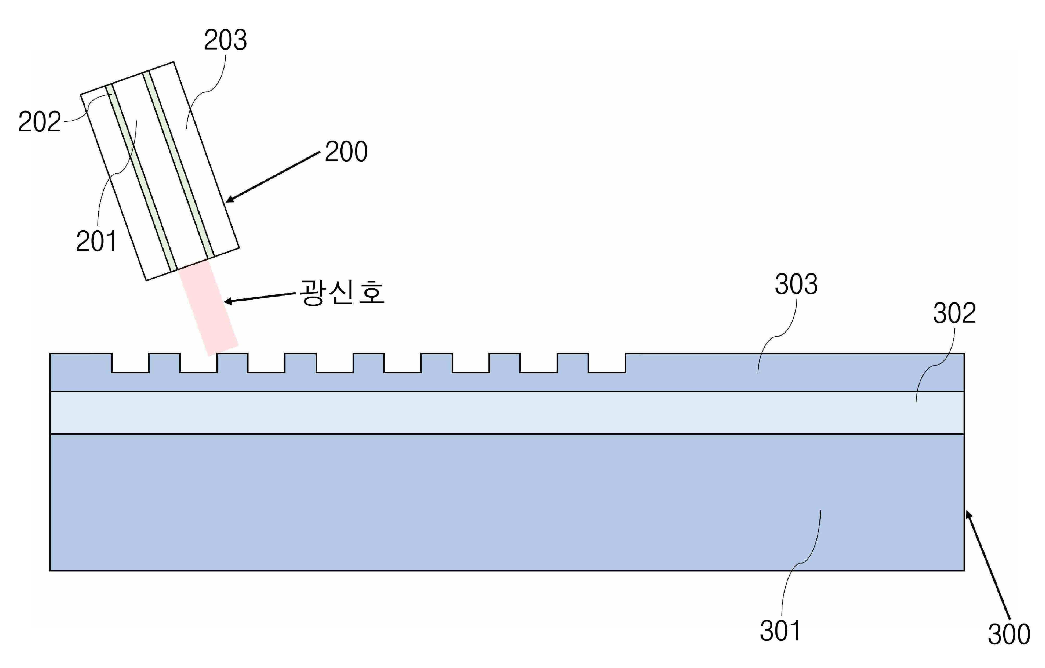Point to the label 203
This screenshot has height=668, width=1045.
(225, 40)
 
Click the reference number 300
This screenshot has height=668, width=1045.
(1009, 634)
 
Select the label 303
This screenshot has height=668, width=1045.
(796, 285)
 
